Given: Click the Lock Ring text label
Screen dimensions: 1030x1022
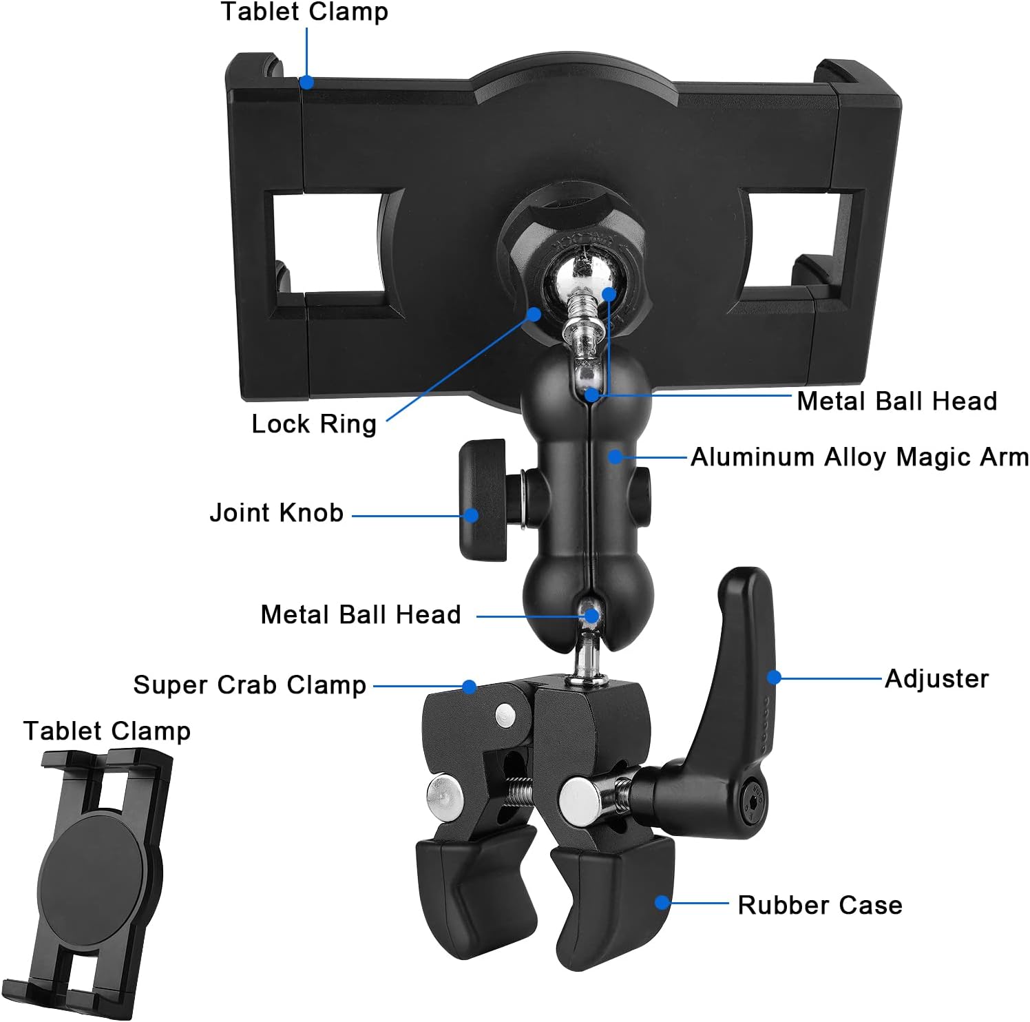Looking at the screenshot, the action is click(x=314, y=424).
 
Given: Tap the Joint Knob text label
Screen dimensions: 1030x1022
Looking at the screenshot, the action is click(x=276, y=513).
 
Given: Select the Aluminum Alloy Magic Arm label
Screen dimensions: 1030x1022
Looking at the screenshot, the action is click(x=859, y=457).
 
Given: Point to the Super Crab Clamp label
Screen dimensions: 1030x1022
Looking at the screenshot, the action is click(x=249, y=685).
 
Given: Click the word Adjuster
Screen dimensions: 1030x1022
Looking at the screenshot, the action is click(x=936, y=679).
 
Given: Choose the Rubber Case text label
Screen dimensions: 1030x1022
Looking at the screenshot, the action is click(x=819, y=905).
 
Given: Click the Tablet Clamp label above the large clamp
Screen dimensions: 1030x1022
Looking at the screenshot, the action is click(x=304, y=12).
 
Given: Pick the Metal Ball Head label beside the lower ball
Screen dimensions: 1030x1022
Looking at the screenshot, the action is click(x=360, y=615).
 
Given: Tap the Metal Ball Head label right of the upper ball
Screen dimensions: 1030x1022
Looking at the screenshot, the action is click(x=896, y=401).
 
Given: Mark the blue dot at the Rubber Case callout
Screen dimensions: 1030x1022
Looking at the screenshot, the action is click(x=662, y=902).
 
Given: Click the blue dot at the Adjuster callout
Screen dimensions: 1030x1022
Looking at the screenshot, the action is click(x=774, y=678).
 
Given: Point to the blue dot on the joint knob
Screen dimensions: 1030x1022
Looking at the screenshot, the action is click(x=471, y=515).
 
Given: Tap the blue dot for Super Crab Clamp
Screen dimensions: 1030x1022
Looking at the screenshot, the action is click(x=469, y=687).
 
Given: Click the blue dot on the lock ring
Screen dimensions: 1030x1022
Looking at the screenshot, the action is click(x=534, y=314).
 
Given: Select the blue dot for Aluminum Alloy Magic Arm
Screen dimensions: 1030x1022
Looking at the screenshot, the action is click(x=615, y=457).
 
